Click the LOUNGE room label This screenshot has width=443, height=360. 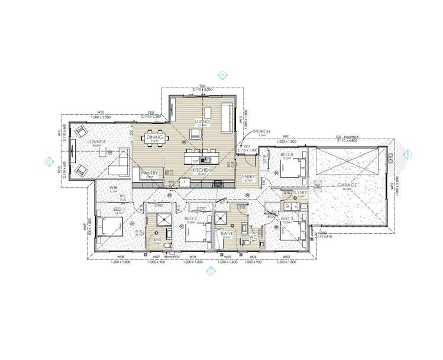[95, 142]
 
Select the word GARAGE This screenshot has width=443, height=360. [347, 185]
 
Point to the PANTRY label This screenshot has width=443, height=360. [148, 173]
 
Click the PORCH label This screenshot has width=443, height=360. [262, 131]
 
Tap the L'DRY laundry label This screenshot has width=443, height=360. [300, 193]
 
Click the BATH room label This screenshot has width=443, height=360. [227, 233]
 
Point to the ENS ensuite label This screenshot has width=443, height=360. [158, 239]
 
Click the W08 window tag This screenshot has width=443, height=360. [120, 257]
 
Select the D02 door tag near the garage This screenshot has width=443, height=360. [323, 233]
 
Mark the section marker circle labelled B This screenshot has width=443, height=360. [407, 154]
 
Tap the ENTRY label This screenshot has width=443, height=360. [248, 176]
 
